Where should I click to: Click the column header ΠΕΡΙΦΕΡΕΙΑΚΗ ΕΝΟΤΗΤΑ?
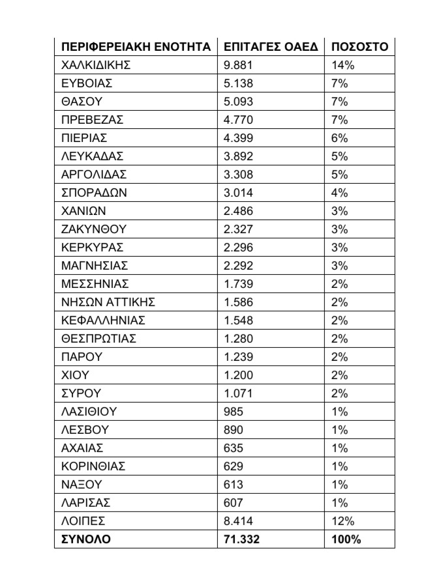pos(135,47)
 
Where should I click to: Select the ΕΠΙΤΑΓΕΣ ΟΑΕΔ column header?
pos(270,47)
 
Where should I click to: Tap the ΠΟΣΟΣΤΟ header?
pos(359,47)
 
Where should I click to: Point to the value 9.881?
pos(237,65)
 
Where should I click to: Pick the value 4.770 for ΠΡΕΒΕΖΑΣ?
pos(237,120)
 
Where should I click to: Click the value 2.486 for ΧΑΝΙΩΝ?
pos(237,211)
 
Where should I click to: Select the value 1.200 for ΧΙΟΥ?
pos(237,375)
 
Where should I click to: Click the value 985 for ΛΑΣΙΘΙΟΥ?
pos(233,412)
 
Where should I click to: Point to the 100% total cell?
pos(346,539)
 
